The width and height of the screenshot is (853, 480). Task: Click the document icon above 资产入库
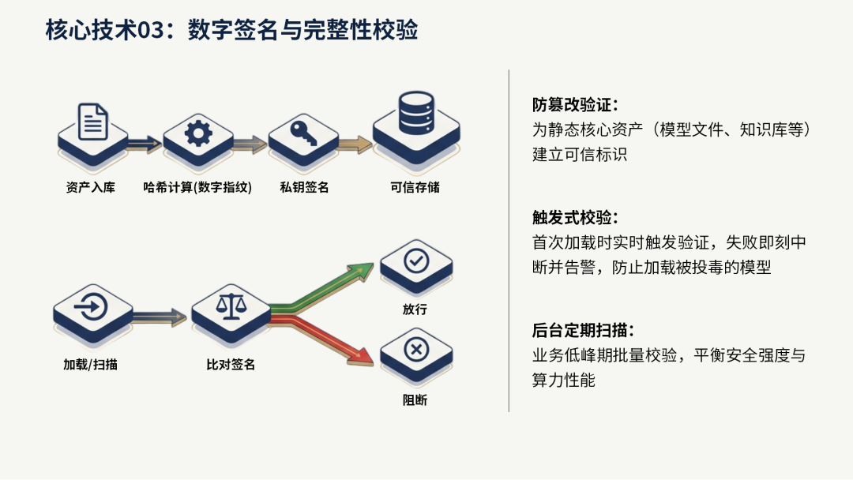(92, 122)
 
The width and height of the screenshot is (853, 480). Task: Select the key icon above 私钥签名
(303, 132)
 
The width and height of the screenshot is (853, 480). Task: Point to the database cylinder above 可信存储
(416, 113)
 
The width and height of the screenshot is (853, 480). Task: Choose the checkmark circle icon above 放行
(416, 261)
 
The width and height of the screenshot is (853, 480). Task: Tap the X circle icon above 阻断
(416, 349)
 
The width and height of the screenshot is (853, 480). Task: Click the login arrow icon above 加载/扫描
(90, 307)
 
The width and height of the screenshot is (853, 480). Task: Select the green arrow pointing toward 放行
(321, 289)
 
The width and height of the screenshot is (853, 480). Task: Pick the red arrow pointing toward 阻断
(321, 340)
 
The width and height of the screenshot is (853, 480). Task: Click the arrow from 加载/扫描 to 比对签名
(160, 317)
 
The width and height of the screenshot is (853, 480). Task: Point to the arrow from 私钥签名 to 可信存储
(355, 144)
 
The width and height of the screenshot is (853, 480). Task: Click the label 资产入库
(90, 188)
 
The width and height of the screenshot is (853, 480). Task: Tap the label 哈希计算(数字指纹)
(197, 188)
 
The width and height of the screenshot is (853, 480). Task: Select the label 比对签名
(231, 364)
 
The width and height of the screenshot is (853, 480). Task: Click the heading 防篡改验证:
(575, 104)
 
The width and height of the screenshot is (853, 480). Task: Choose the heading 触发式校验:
(575, 217)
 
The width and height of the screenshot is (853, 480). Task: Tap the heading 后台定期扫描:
(583, 330)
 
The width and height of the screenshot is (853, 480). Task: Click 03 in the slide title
(151, 31)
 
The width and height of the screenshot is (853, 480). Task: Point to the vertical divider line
(509, 240)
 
